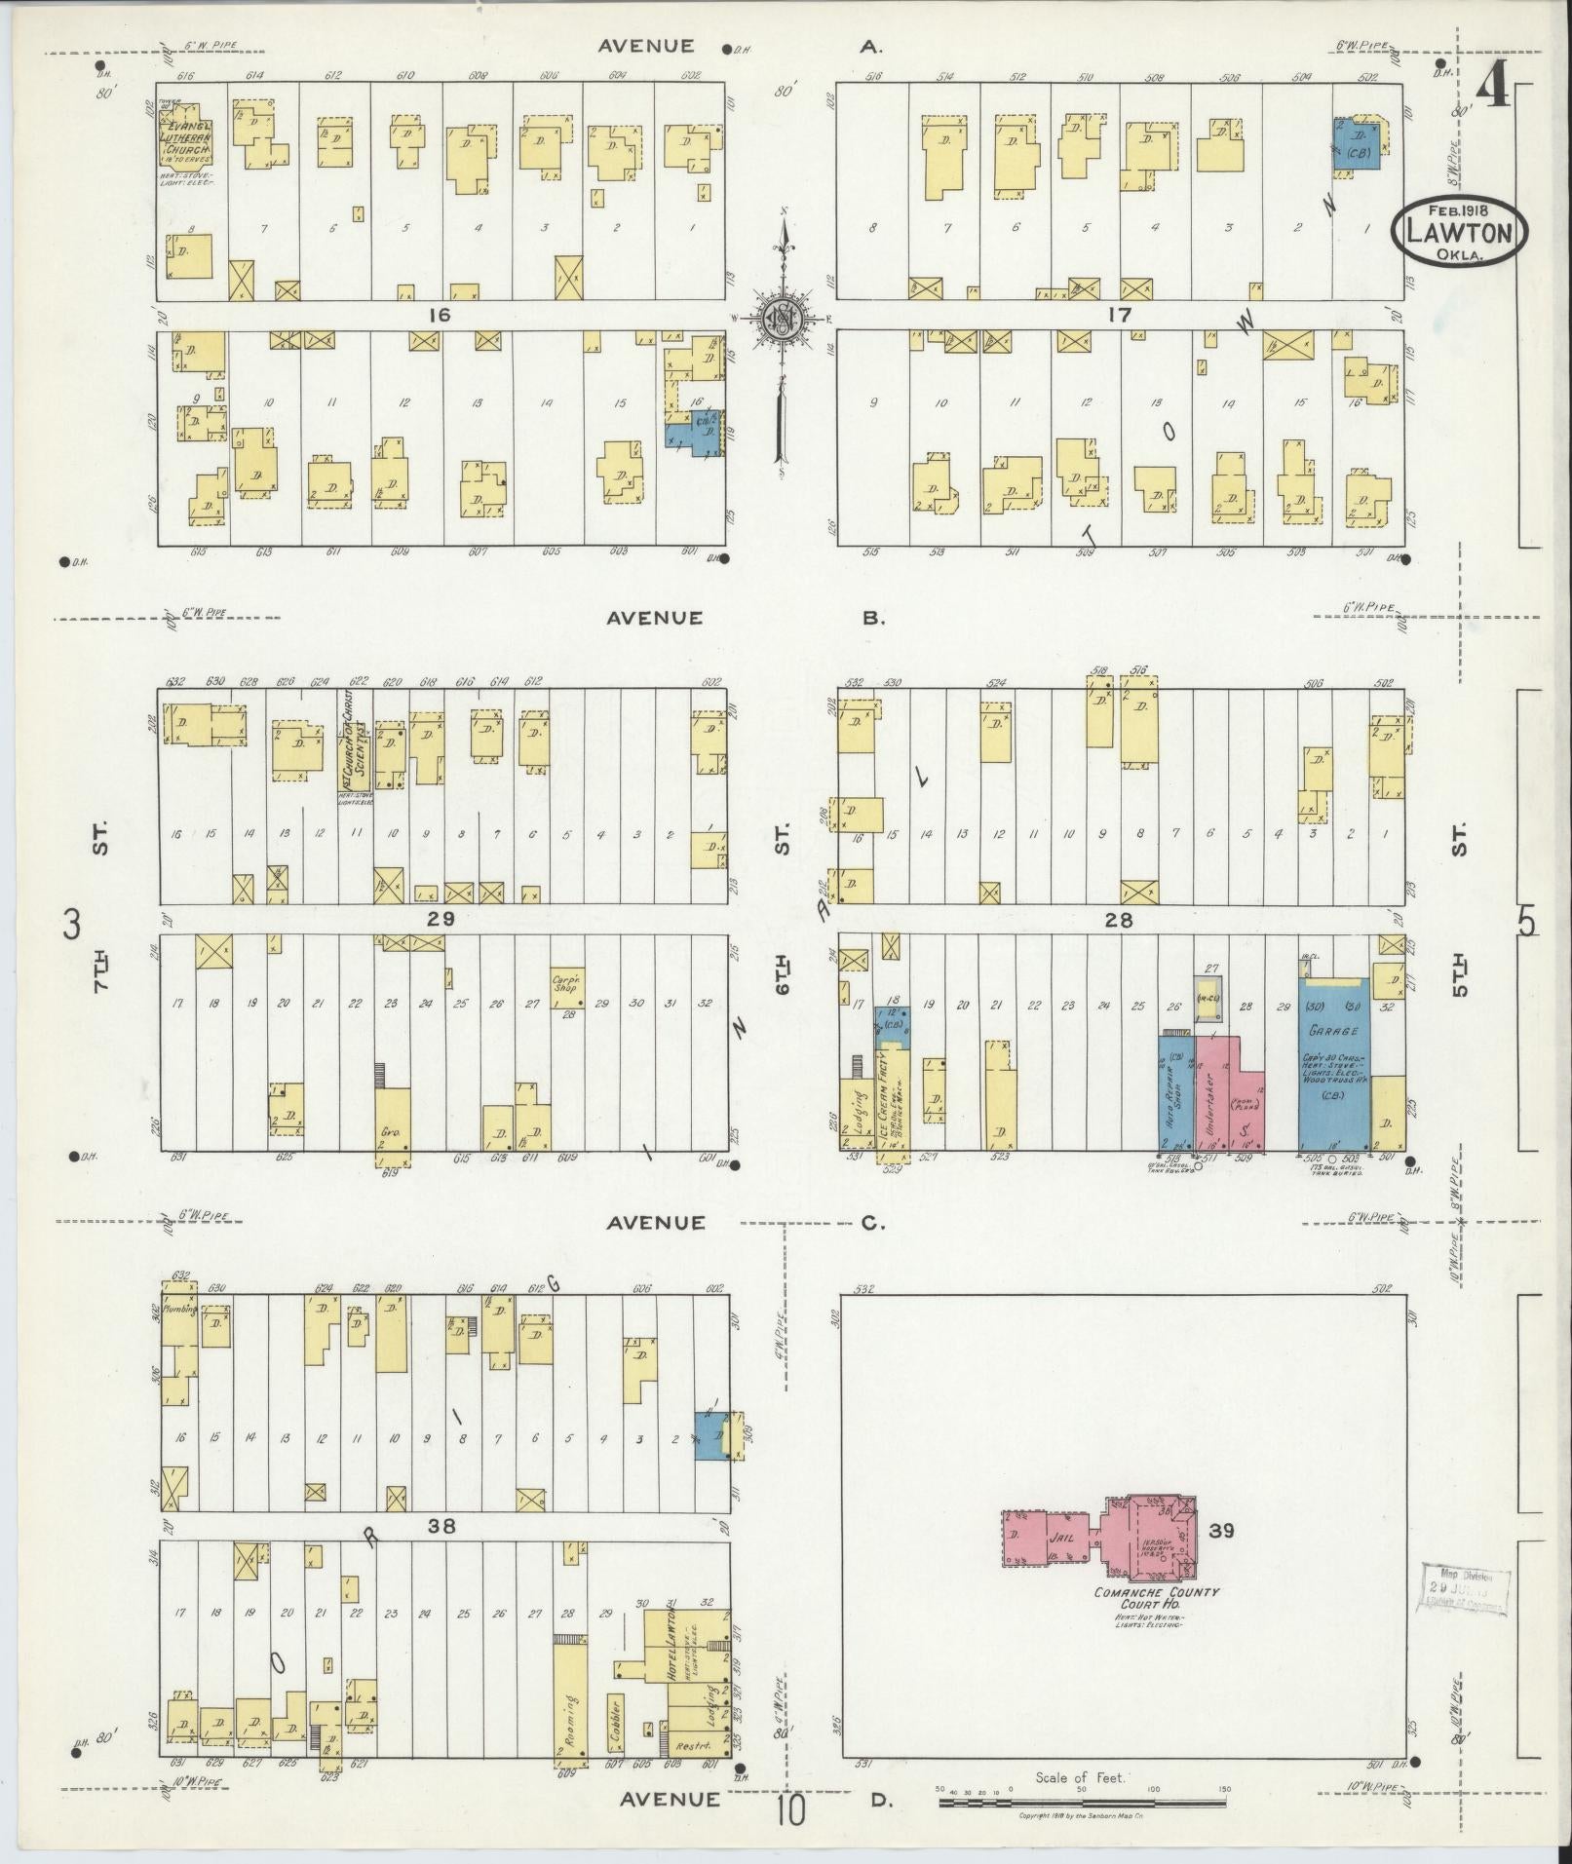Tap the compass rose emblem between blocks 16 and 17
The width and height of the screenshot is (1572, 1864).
tap(781, 318)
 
